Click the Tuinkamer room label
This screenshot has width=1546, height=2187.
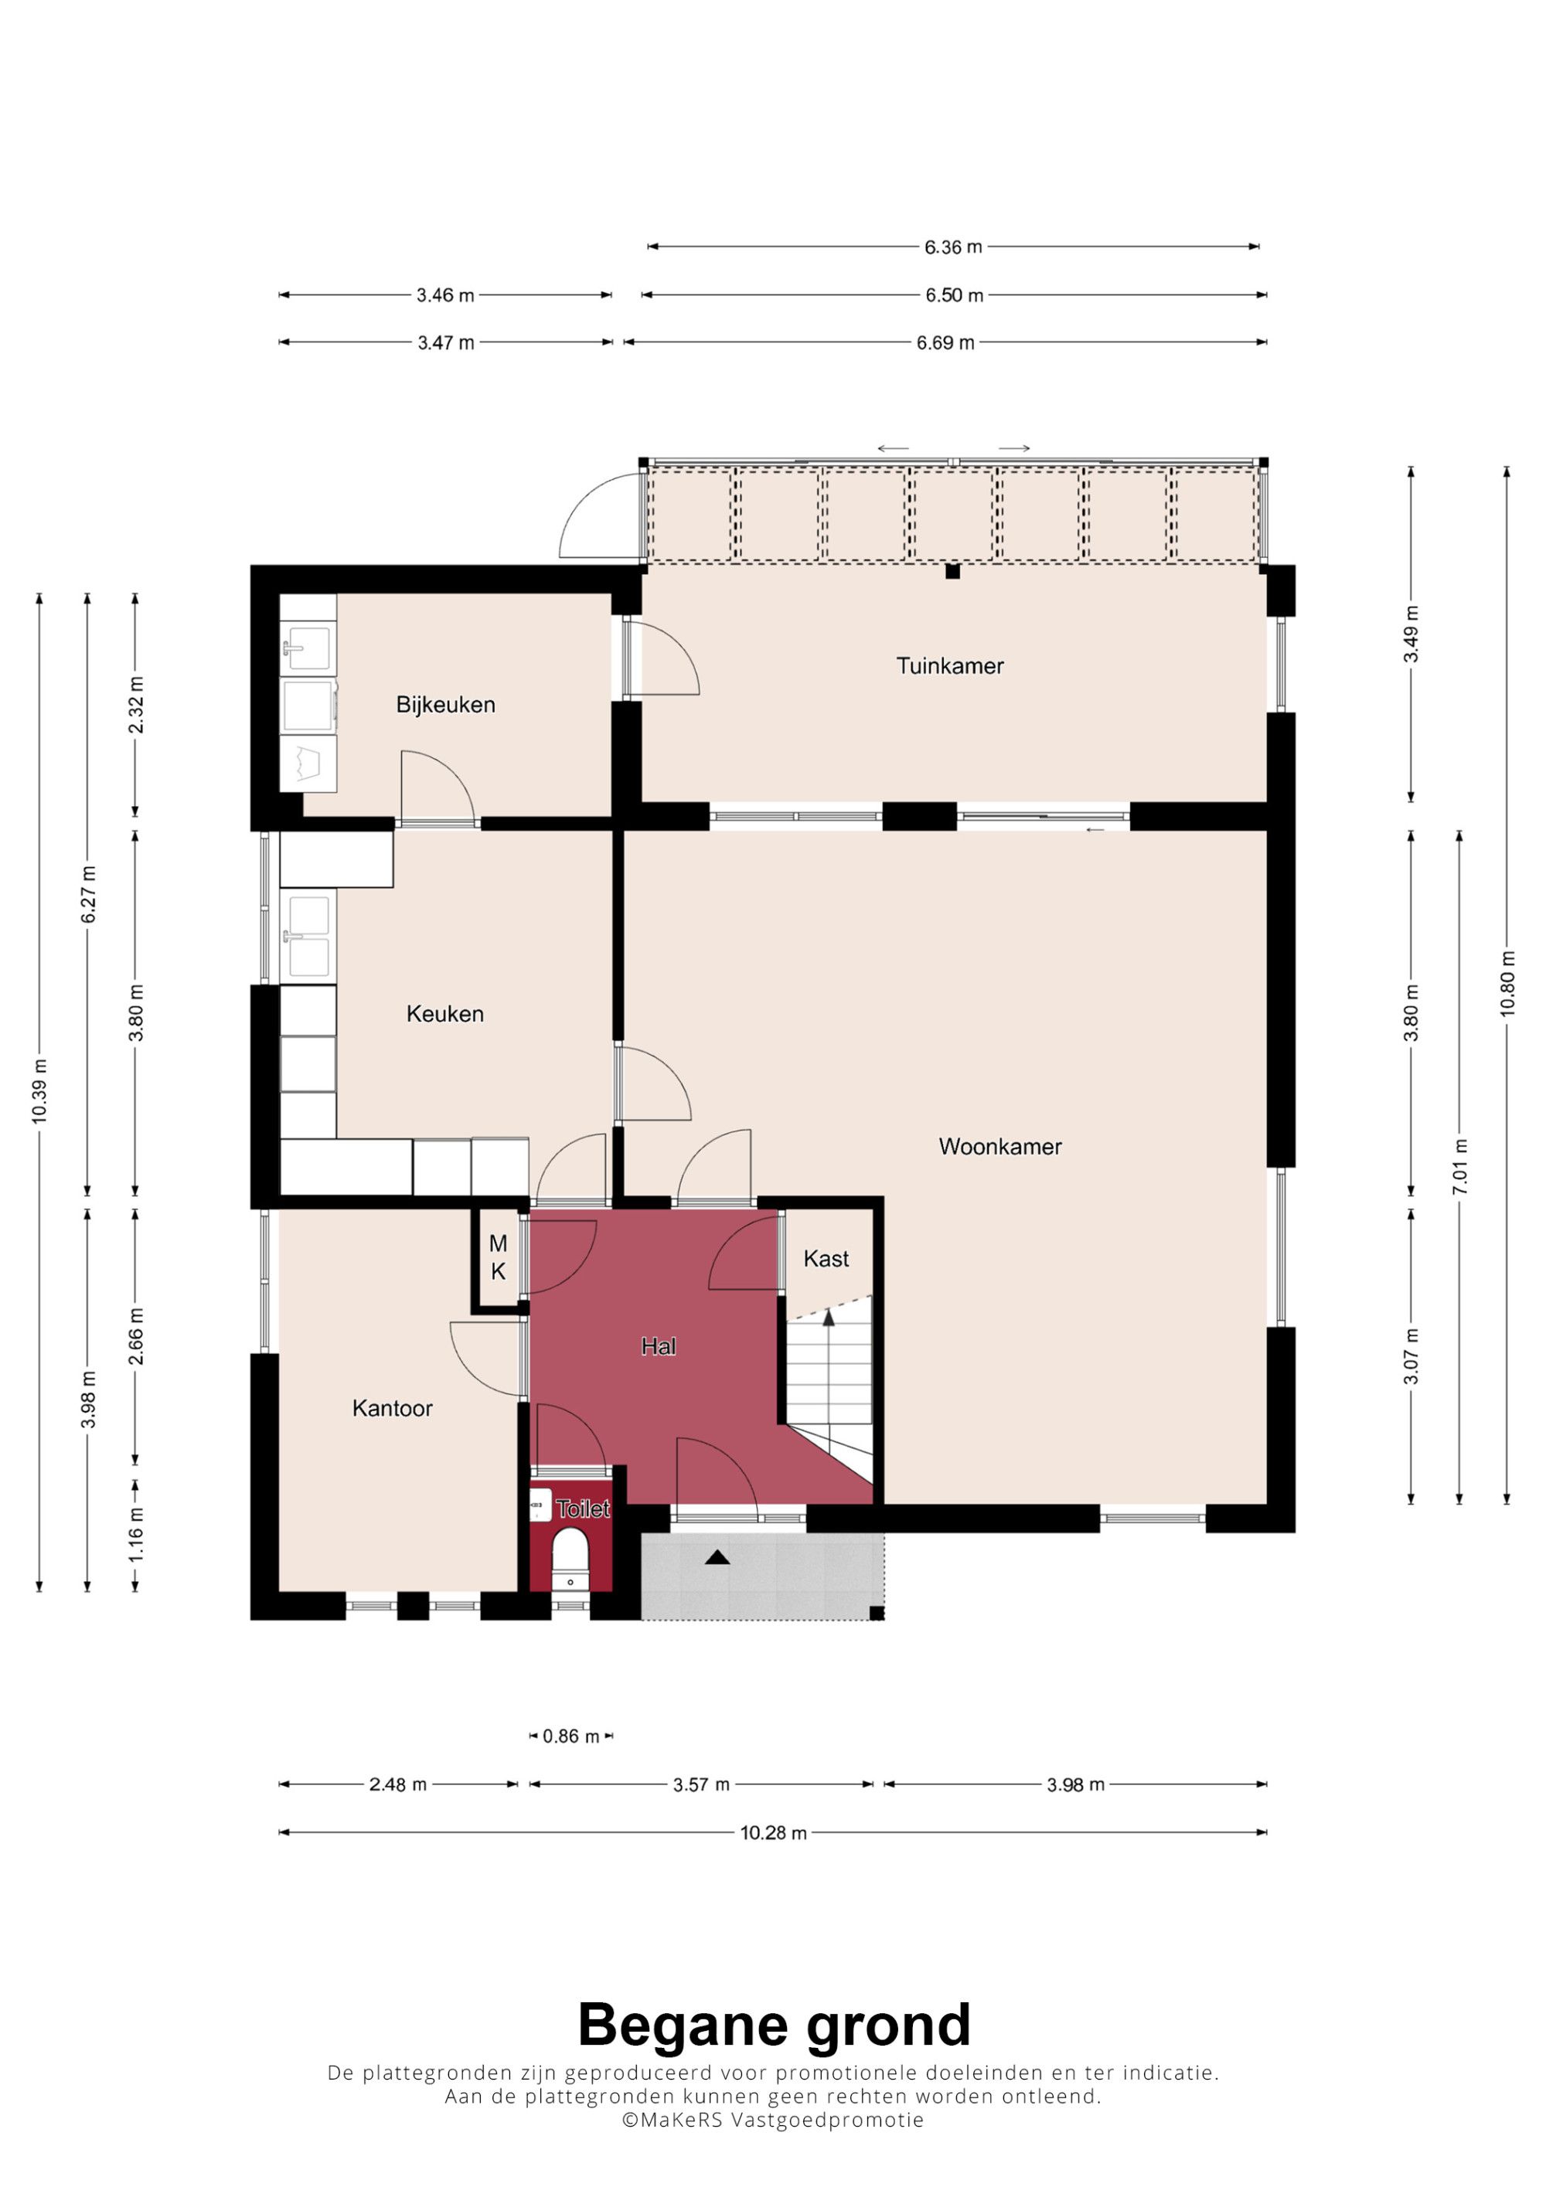click(950, 666)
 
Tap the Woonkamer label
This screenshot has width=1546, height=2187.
click(1000, 1147)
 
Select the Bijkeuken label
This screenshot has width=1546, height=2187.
click(446, 705)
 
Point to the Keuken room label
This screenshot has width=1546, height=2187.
click(444, 1013)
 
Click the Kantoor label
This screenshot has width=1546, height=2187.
click(393, 1408)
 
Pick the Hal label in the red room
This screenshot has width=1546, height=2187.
click(659, 1346)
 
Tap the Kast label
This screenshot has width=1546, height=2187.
click(826, 1258)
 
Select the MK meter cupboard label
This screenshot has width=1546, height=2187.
click(498, 1257)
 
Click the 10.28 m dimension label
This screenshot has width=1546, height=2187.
click(774, 1832)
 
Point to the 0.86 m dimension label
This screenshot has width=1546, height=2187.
click(570, 1736)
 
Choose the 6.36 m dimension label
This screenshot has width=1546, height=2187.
click(952, 247)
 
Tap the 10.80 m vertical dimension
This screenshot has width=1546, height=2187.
click(1507, 984)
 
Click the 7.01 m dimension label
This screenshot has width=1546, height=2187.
click(1459, 1167)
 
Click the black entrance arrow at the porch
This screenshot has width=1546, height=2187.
click(717, 1557)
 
